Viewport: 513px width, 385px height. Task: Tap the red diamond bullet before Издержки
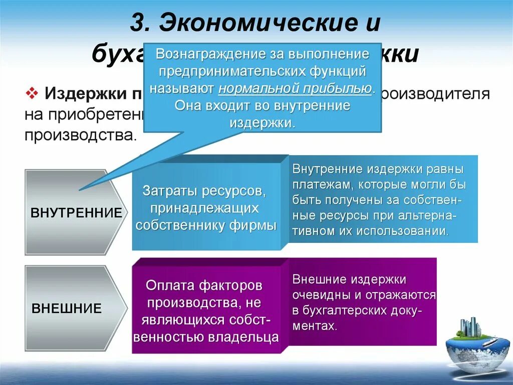point(33,93)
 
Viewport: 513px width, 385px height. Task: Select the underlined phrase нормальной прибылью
point(295,88)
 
